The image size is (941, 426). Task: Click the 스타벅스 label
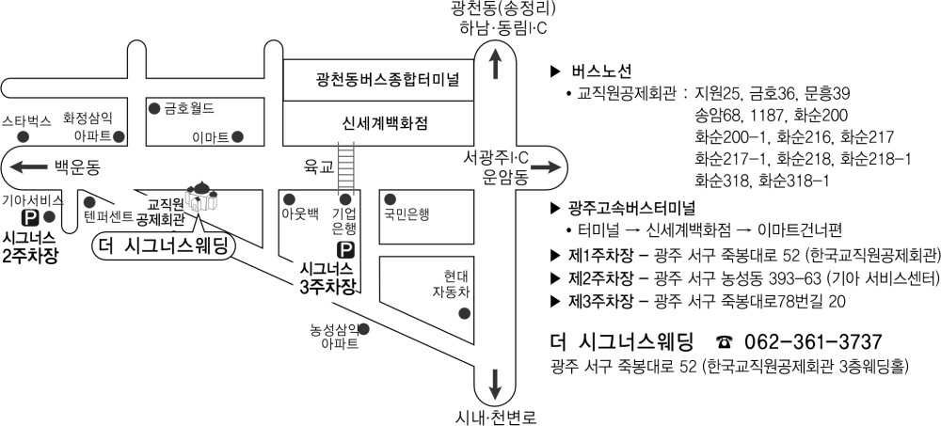[26, 120]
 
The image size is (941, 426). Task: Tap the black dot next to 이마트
[238, 136]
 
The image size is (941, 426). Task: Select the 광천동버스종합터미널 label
[378, 79]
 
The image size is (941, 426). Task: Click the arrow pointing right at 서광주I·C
[544, 168]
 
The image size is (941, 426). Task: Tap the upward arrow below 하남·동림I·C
[496, 64]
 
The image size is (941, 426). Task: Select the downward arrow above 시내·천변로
[496, 384]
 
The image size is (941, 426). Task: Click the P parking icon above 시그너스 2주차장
[28, 216]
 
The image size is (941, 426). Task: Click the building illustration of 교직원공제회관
[202, 197]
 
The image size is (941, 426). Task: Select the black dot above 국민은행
[390, 199]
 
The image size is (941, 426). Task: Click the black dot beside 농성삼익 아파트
[363, 329]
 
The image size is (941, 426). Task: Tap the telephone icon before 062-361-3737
[725, 342]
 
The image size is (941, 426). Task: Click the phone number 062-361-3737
[813, 342]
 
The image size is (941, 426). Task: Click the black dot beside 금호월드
[154, 108]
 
